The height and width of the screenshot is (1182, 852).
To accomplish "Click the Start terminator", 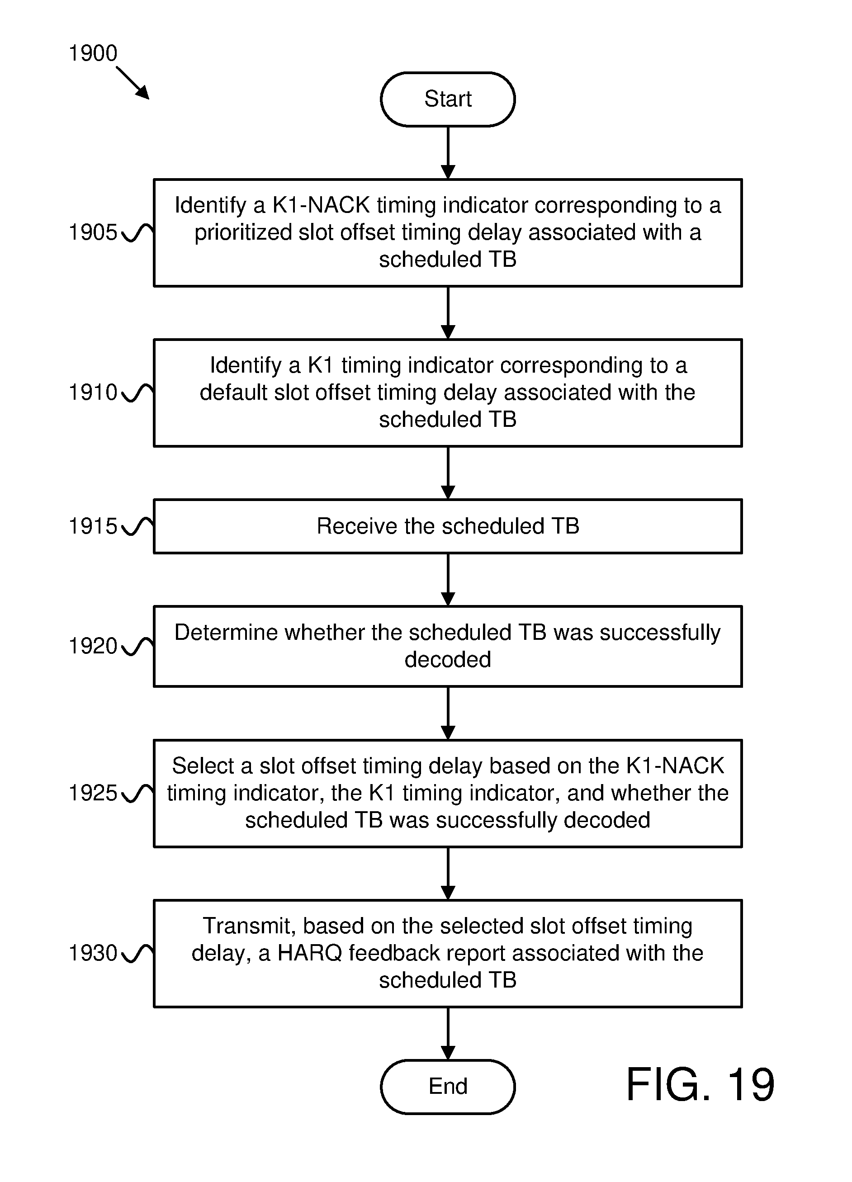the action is coord(448,99).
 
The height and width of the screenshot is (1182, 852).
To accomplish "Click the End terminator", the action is coord(448,1087).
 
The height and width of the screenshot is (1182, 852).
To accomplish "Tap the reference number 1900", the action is coord(93,53).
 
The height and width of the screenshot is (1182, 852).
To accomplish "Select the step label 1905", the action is coord(93,232).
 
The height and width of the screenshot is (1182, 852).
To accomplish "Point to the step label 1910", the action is coord(93,392).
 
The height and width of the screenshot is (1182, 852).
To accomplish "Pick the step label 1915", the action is coord(93,526).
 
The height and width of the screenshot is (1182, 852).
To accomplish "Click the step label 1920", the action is coord(93,646).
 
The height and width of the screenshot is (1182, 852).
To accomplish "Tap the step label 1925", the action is coord(93,793).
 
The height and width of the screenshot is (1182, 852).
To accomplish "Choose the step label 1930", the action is coord(93,953).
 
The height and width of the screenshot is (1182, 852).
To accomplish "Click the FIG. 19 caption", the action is coord(701,1085).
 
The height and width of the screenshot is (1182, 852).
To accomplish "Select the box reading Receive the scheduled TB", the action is coord(448,526).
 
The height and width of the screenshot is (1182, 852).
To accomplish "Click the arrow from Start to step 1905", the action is coord(448,153).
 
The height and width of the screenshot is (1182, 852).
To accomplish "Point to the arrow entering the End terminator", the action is coord(448,1034).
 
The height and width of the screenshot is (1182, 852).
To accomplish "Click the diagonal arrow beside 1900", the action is coord(133,82).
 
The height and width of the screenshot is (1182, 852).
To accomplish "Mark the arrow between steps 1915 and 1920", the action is coord(448,580).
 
